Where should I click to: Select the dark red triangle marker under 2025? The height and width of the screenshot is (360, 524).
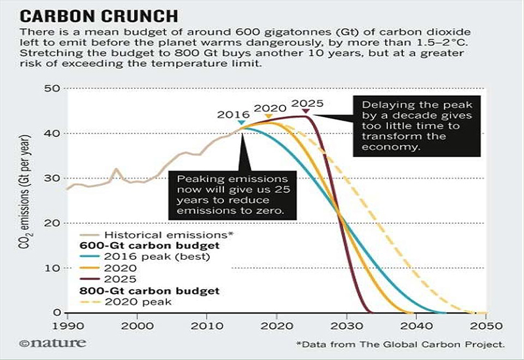(x=305, y=112)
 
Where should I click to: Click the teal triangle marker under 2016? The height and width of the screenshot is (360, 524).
(x=241, y=122)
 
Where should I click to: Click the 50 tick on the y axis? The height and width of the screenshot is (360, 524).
(x=53, y=89)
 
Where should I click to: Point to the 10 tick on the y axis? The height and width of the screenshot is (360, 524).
(x=53, y=268)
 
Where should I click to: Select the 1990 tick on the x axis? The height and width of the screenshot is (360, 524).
(x=67, y=324)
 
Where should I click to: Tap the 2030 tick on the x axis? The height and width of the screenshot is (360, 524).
(x=345, y=324)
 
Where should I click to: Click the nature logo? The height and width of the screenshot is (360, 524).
(x=48, y=342)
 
